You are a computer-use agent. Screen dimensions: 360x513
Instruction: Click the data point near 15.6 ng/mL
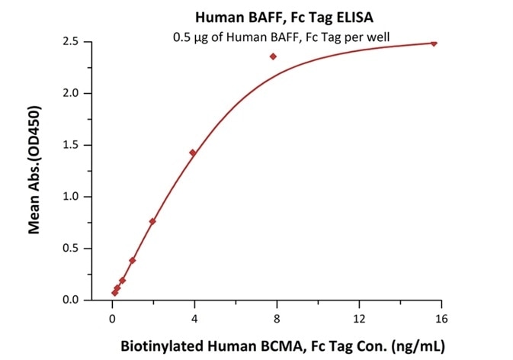(433, 43)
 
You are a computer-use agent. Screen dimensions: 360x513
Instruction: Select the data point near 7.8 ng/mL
(273, 56)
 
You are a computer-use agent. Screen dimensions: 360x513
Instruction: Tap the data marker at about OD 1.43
(192, 153)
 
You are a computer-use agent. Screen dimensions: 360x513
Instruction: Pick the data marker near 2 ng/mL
(152, 221)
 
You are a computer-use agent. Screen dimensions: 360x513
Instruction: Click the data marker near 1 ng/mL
(132, 260)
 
